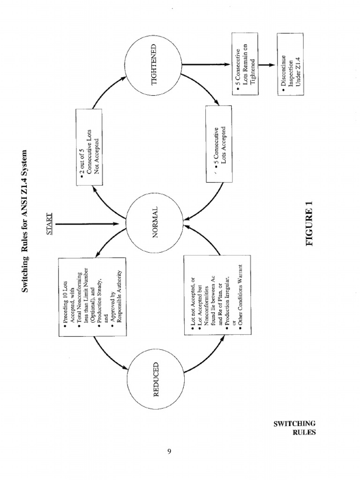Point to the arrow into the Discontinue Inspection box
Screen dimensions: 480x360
(268, 65)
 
